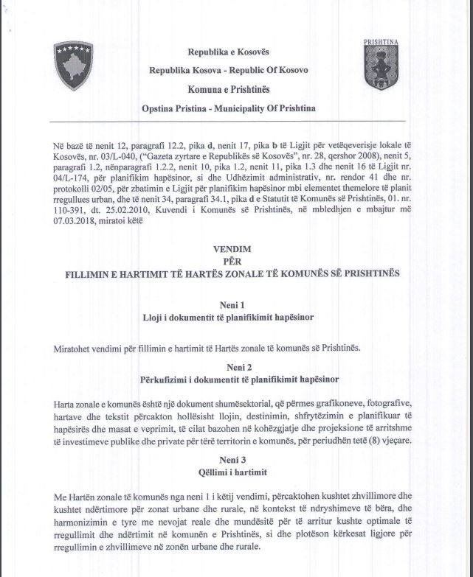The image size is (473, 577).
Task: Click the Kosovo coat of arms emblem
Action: [x=74, y=66]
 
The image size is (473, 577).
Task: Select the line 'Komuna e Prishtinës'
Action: [x=228, y=89]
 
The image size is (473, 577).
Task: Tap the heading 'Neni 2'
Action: [x=230, y=367]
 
